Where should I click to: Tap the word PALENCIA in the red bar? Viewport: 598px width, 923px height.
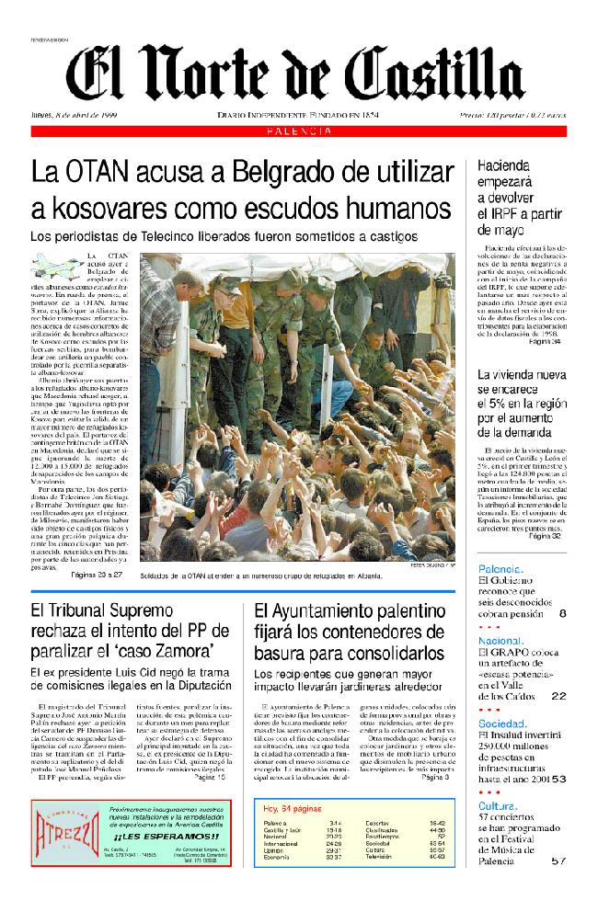point(299,132)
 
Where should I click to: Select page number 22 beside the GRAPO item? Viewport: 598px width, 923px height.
point(558,696)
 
